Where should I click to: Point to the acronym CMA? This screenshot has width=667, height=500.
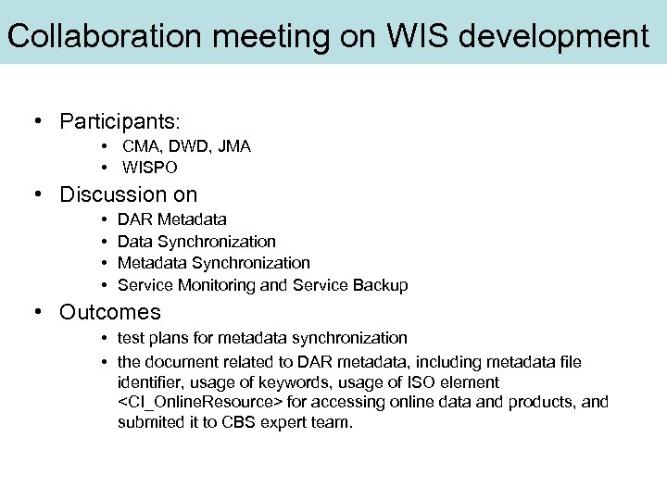(140, 146)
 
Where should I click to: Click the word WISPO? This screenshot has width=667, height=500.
(150, 168)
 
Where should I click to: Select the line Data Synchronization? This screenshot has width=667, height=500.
(196, 242)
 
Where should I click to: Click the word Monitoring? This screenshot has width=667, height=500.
(216, 285)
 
